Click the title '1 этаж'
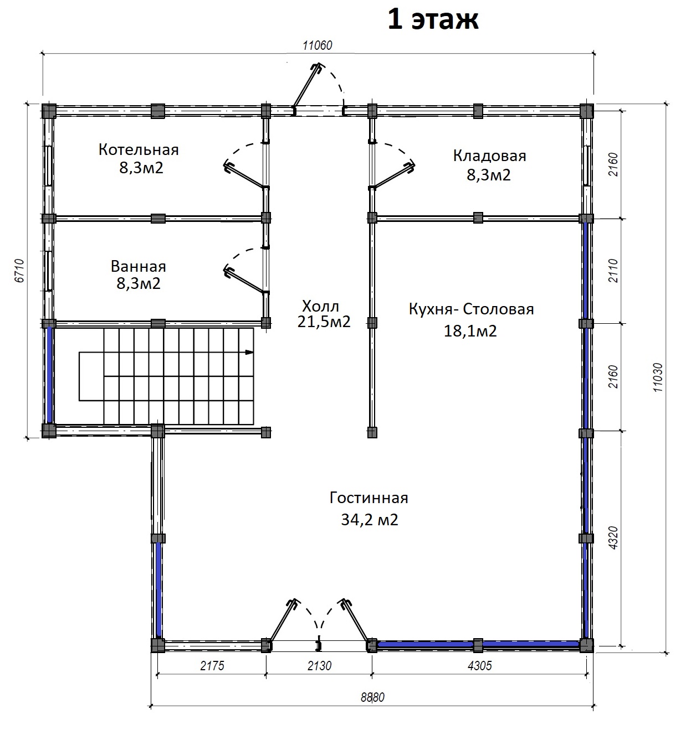pyautogui.click(x=433, y=20)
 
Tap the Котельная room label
pyautogui.click(x=139, y=149)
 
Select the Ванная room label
pyautogui.click(x=138, y=266)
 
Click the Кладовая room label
pyautogui.click(x=489, y=156)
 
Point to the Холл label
pyautogui.click(x=320, y=306)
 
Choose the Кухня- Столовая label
pyautogui.click(x=471, y=309)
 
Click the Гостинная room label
pyautogui.click(x=369, y=498)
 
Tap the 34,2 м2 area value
pyautogui.click(x=369, y=519)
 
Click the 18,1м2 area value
pyautogui.click(x=470, y=331)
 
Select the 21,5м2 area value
pyautogui.click(x=324, y=322)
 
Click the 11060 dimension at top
pyautogui.click(x=317, y=45)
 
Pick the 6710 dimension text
pyautogui.click(x=20, y=271)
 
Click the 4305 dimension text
pyautogui.click(x=479, y=665)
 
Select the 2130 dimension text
pyautogui.click(x=319, y=665)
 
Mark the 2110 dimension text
pyautogui.click(x=613, y=271)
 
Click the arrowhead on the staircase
pyautogui.click(x=249, y=352)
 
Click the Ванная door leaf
pyautogui.click(x=245, y=279)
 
